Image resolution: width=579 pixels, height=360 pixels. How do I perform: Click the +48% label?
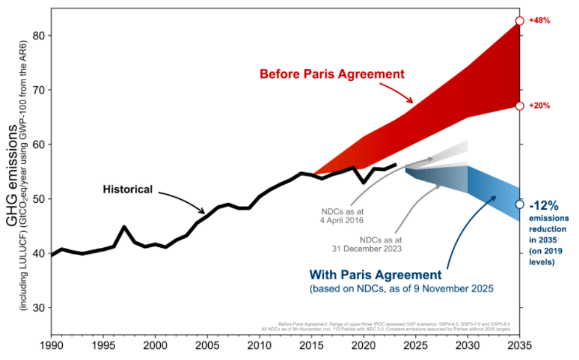tap(540, 20)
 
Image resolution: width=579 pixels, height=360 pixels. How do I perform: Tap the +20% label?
tap(540, 105)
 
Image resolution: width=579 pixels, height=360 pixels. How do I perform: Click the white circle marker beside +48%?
tap(519, 20)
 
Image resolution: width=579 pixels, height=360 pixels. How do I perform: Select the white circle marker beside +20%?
tap(519, 105)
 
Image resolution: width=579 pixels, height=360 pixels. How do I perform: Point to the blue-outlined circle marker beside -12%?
tap(519, 204)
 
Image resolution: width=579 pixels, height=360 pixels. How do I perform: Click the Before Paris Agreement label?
tap(332, 74)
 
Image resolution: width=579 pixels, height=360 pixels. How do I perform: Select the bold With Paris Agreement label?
tap(375, 274)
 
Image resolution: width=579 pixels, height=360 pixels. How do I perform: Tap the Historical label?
tap(128, 189)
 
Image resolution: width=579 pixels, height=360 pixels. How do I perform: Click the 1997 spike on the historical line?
tap(124, 227)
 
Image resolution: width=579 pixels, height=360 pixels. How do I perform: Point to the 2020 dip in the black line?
tap(363, 182)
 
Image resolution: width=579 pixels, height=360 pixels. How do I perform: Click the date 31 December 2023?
tap(368, 248)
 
